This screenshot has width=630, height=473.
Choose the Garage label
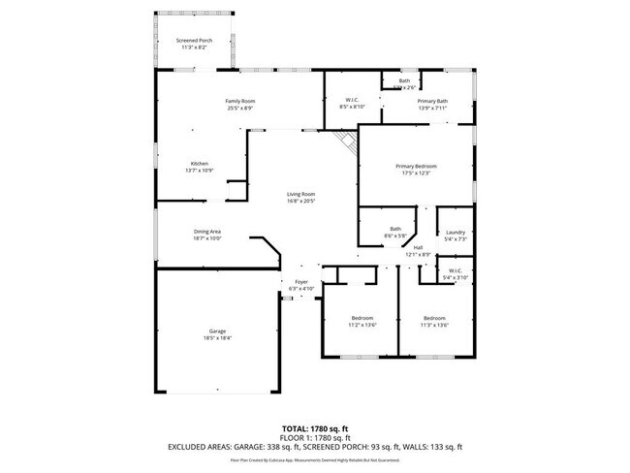217,331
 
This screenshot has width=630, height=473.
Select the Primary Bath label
432,103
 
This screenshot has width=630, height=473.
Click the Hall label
419,250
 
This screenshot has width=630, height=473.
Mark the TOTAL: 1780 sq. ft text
316,427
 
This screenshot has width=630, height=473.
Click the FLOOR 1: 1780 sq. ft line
316,437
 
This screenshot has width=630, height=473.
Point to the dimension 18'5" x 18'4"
217,337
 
